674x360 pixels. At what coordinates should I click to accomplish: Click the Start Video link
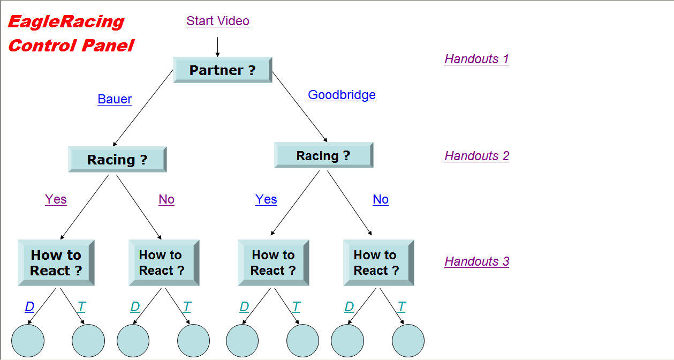(x=218, y=21)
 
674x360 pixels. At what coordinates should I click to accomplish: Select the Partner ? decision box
(x=222, y=70)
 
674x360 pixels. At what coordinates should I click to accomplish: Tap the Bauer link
(x=115, y=99)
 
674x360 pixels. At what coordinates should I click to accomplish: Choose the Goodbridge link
(x=342, y=95)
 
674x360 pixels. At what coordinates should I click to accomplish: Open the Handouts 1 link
(x=476, y=59)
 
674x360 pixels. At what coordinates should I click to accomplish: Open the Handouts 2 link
(x=476, y=156)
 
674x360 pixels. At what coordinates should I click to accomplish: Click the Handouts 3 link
(x=476, y=261)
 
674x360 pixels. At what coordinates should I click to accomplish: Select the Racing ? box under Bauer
(x=117, y=160)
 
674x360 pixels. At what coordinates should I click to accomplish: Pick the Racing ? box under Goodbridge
(x=323, y=155)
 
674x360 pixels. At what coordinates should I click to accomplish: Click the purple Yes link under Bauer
(x=56, y=199)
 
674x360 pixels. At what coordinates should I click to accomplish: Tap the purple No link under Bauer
(x=166, y=199)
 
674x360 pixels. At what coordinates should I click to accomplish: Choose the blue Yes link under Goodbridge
(x=266, y=199)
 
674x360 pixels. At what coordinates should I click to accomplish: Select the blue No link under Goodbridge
(x=381, y=199)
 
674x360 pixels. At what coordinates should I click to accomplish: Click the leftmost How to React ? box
(x=56, y=262)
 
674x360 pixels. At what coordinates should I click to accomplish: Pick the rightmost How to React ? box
(x=378, y=262)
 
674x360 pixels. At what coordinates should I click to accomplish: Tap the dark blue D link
(x=29, y=307)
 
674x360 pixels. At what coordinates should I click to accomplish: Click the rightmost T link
(x=402, y=307)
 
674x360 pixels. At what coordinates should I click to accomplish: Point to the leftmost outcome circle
(x=28, y=341)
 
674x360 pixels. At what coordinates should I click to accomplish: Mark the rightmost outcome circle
(x=408, y=341)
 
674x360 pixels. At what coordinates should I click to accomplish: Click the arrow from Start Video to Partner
(x=217, y=47)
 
